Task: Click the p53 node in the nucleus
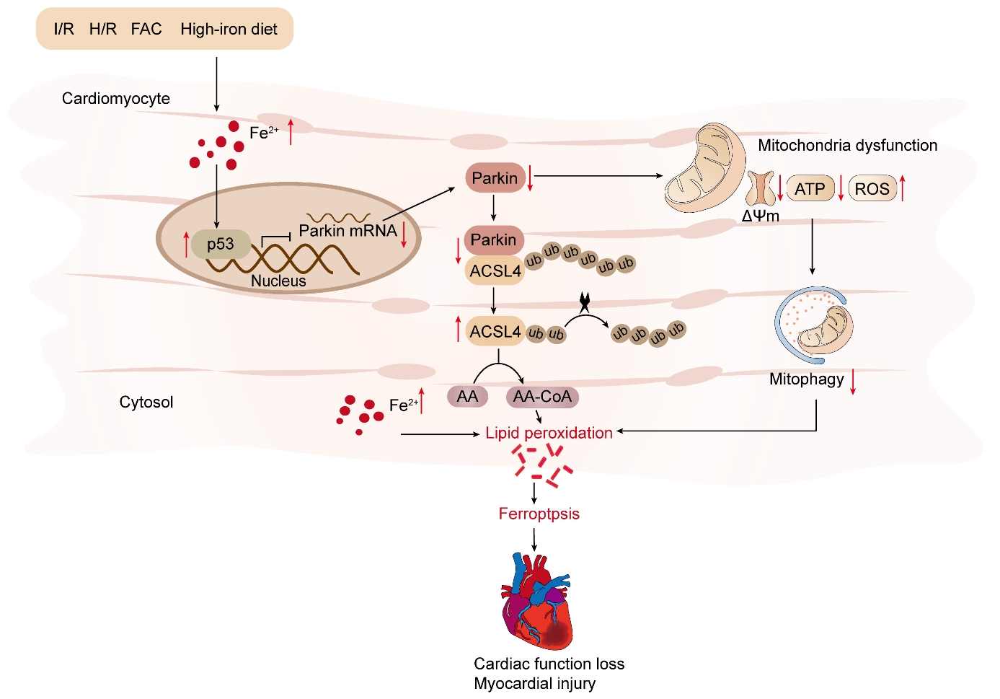coord(221,245)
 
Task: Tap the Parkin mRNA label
coord(348,231)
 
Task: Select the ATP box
coord(810,189)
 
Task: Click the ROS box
coord(872,189)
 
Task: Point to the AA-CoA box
coord(542,397)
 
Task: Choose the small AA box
coord(467,397)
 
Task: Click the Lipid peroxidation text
coord(549,433)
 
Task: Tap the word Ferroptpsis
coord(539,514)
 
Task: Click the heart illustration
coord(537,602)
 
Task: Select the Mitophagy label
coord(806,379)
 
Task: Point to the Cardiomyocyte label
coord(116,99)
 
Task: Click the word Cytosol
coord(146,403)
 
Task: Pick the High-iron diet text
coord(229,30)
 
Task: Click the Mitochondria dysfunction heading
coord(847,146)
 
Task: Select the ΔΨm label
coord(761,216)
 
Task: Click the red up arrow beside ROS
coord(902,188)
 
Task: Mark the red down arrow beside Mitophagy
coord(853,381)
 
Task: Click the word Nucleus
coord(278,281)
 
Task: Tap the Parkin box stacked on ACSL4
coord(494,239)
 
